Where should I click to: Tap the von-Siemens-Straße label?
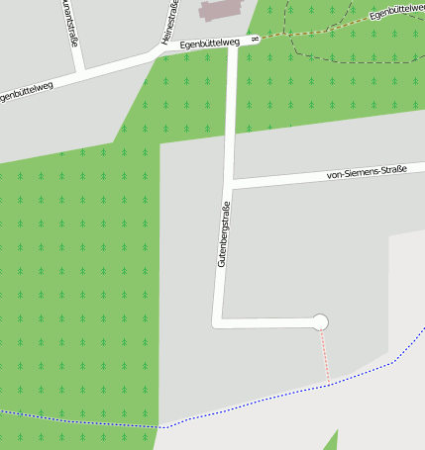[x=367, y=174]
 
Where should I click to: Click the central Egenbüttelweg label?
[x=211, y=44]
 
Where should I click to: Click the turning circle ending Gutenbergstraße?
[x=319, y=321]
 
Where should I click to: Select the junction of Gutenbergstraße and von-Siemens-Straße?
[x=229, y=184]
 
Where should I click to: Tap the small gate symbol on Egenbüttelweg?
[x=255, y=40]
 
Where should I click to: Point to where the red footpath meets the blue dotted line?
[x=327, y=385]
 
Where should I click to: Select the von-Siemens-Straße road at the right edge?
[x=416, y=165]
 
